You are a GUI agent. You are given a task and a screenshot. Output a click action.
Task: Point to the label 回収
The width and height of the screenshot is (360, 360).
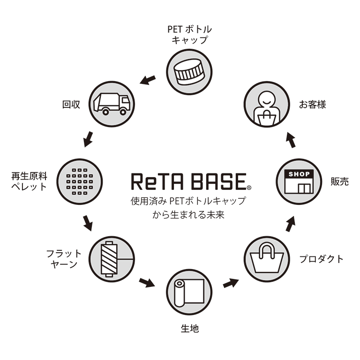click(x=71, y=105)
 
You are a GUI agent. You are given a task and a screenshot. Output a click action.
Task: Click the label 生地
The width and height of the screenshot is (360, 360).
click(x=189, y=329)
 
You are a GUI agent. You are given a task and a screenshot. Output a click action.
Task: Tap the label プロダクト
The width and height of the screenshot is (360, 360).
click(x=322, y=259)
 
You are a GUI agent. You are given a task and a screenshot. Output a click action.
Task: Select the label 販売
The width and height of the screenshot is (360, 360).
click(x=339, y=182)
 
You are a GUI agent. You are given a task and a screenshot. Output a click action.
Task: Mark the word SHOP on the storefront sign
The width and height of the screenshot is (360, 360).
click(x=300, y=174)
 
